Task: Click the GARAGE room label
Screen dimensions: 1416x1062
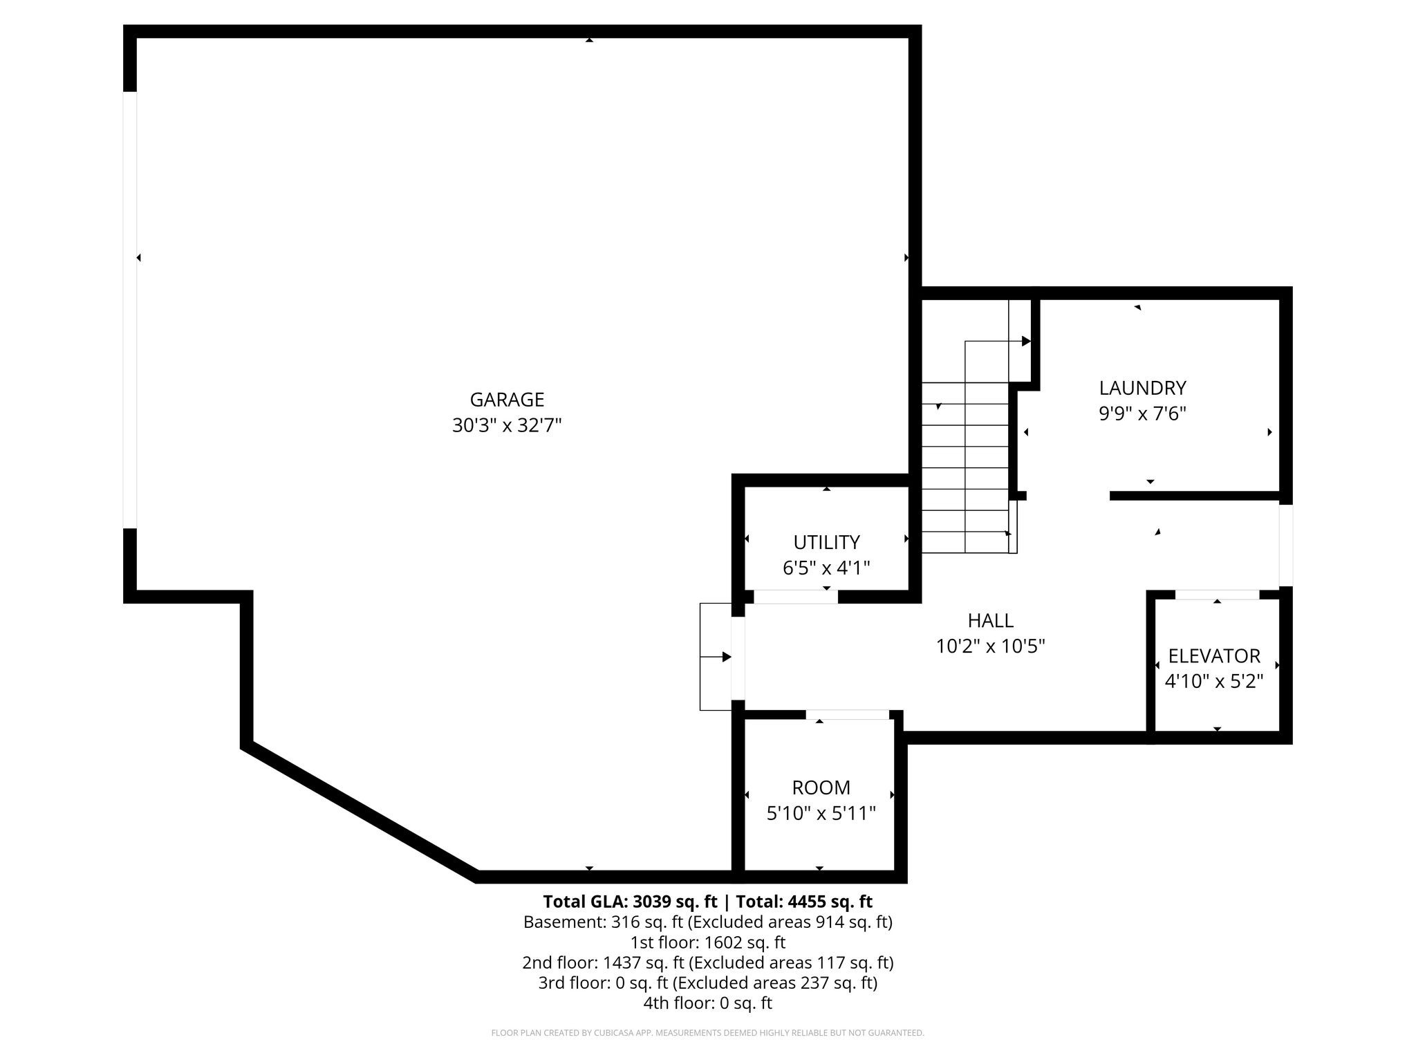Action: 507,400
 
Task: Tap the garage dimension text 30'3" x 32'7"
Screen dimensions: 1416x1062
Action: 507,425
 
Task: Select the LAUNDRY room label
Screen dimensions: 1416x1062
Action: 1143,388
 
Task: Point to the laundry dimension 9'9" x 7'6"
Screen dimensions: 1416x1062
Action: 1143,413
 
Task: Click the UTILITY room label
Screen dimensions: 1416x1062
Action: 826,542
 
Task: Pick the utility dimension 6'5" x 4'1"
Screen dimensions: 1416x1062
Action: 826,568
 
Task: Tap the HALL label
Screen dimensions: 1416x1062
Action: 991,620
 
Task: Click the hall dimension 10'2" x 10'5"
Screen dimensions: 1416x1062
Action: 991,646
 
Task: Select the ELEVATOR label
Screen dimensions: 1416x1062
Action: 1214,655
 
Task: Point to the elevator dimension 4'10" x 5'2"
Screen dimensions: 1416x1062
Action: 1214,681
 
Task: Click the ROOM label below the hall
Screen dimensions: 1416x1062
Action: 821,788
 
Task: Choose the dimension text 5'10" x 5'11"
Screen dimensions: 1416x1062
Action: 821,813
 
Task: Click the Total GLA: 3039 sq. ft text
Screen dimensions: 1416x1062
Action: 631,902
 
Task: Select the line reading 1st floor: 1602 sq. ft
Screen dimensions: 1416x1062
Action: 708,942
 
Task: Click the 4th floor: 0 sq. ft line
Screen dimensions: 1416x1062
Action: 708,1003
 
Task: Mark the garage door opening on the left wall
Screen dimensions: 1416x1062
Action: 130,310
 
